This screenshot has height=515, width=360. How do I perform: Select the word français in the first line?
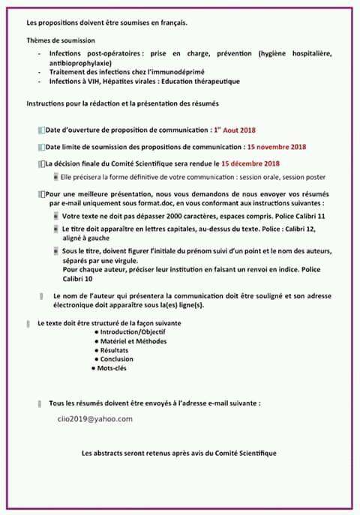pos(169,22)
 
